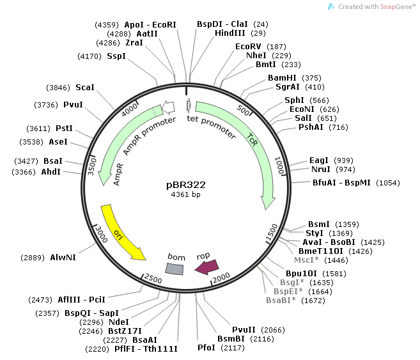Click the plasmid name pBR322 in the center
[186, 184]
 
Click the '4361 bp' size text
[186, 194]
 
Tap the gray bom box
[175, 269]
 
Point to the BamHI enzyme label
[282, 78]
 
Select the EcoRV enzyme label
[249, 47]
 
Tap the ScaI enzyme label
[84, 87]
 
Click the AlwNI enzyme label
[63, 258]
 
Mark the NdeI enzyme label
[118, 322]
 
